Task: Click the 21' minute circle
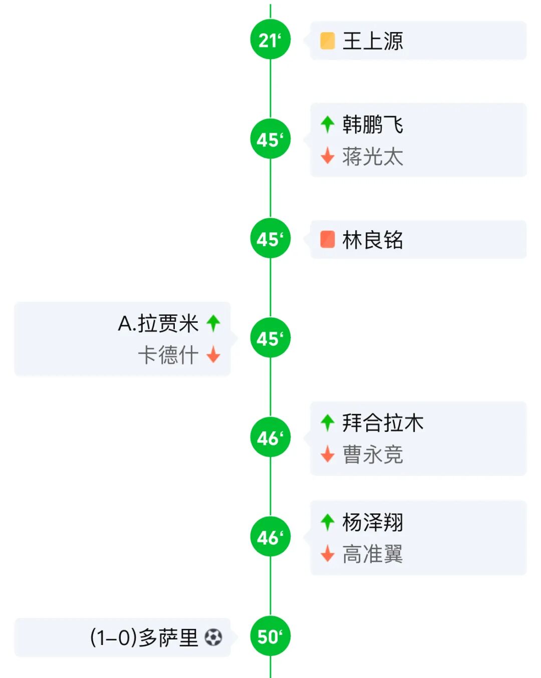pos(270,40)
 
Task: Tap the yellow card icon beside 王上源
pos(328,41)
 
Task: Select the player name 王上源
pos(373,41)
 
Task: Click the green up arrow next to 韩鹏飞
pos(328,124)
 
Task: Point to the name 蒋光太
pos(373,157)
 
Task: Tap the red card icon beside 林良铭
pos(328,239)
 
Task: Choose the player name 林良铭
pos(373,240)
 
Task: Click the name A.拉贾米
pos(158,323)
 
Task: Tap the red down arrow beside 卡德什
pos(213,354)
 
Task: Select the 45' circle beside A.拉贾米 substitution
pos(270,338)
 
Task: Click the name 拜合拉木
pos(383,423)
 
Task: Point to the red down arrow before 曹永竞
pos(328,454)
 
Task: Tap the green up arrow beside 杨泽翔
pos(328,522)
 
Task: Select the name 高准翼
pos(373,554)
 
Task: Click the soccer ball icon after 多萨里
pos(213,637)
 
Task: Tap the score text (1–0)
pos(113,637)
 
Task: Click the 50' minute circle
pos(270,636)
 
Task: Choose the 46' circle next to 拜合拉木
pos(270,437)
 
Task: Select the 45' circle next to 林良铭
pos(270,239)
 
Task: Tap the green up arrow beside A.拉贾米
pos(213,323)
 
